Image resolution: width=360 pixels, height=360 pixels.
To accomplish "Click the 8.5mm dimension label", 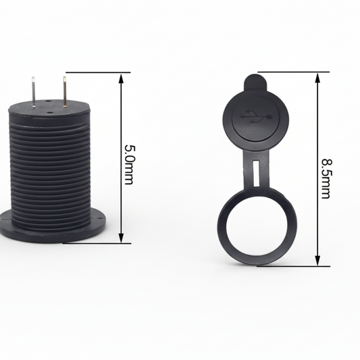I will pos(326,178).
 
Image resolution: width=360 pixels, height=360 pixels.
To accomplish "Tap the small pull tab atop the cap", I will pos(254,84).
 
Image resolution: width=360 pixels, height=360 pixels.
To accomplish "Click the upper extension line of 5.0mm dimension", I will pos(95,72).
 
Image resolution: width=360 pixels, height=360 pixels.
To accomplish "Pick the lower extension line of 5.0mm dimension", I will pos(95,242).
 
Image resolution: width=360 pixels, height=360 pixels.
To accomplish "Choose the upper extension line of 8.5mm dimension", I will pos(290,71).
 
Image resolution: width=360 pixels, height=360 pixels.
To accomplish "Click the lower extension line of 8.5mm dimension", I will pos(290,265).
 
